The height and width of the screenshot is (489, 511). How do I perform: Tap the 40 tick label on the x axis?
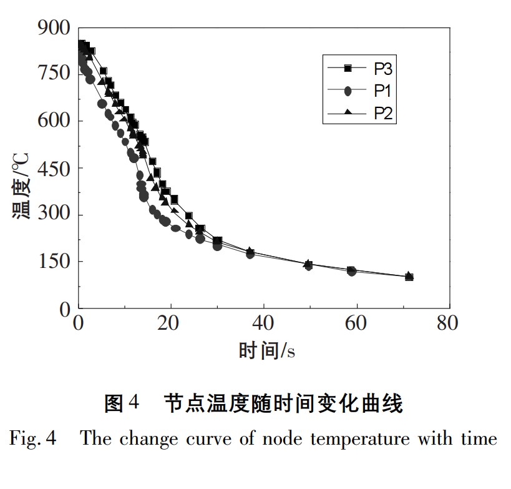(264, 324)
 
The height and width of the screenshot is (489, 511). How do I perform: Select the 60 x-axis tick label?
(356, 324)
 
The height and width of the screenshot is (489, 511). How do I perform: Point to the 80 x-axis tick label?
(447, 324)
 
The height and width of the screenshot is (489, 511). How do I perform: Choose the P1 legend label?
(382, 91)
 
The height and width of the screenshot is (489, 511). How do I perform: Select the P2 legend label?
(382, 113)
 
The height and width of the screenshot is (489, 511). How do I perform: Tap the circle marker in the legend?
(348, 91)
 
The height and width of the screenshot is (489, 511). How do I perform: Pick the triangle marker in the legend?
(348, 113)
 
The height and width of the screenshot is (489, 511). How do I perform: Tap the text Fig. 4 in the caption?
(32, 438)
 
